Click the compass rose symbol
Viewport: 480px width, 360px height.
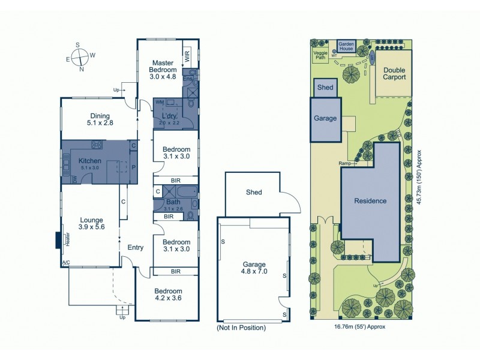click(78, 57)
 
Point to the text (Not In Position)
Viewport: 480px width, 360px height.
click(241, 328)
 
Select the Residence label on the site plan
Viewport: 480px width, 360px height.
click(370, 200)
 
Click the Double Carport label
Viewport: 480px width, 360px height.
click(394, 73)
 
